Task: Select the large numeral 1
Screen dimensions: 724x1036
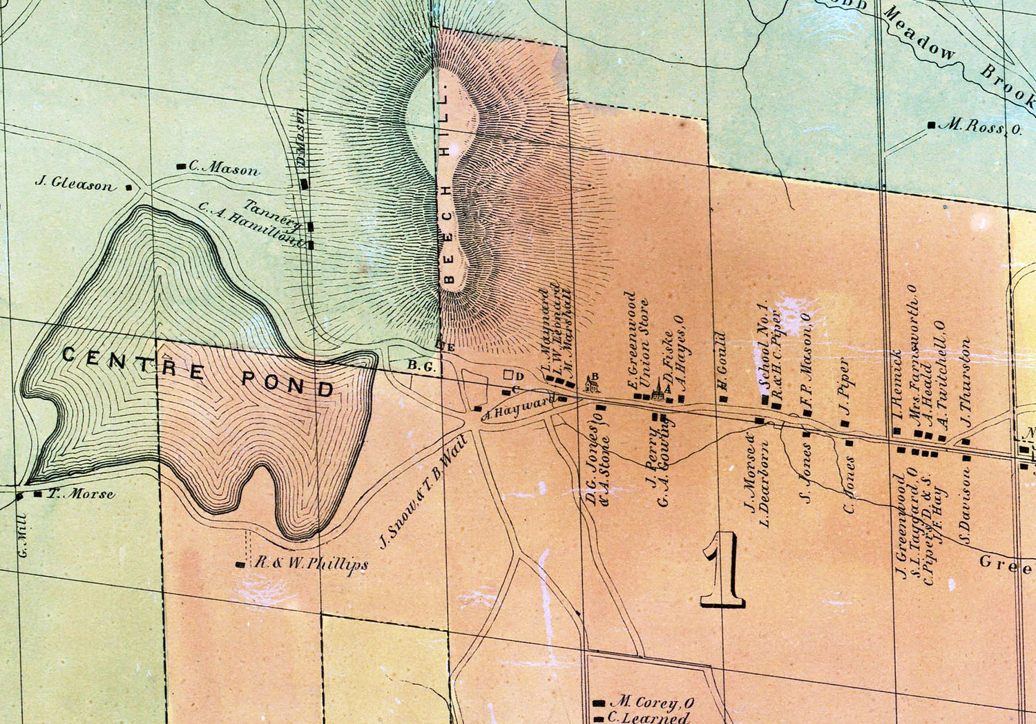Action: pos(722,570)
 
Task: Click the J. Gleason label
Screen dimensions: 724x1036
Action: pos(74,184)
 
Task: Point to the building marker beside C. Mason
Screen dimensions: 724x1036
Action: pos(181,166)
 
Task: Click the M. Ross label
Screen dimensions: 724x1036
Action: pos(984,126)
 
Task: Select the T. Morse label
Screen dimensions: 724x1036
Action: pos(81,494)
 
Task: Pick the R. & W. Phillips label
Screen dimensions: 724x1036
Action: pos(311,563)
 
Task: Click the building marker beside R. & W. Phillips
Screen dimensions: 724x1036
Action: pos(240,564)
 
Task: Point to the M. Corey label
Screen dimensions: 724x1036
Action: pos(653,703)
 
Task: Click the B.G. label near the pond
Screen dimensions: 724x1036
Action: pos(421,367)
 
